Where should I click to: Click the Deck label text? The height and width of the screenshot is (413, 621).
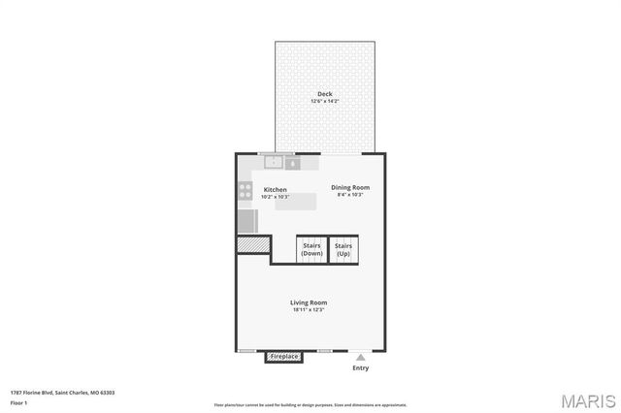324,94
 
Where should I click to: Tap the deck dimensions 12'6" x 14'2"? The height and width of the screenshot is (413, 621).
324,102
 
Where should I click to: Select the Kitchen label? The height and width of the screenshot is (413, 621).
275,189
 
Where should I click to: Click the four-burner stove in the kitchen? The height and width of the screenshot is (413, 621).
245,191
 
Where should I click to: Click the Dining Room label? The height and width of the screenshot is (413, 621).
349,187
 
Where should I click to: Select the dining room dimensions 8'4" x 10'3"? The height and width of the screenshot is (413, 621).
349,195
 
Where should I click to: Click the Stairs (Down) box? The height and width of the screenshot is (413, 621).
311,250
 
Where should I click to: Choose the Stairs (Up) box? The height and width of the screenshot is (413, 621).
343,250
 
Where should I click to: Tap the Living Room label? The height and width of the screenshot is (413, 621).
308,302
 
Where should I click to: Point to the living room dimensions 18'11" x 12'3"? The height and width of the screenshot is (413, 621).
308,310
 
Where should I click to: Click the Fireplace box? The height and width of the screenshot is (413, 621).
284,357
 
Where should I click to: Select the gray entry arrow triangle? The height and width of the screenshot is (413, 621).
360,357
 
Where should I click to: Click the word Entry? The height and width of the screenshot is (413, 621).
360,368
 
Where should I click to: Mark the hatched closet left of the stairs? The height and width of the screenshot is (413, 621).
253,246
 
